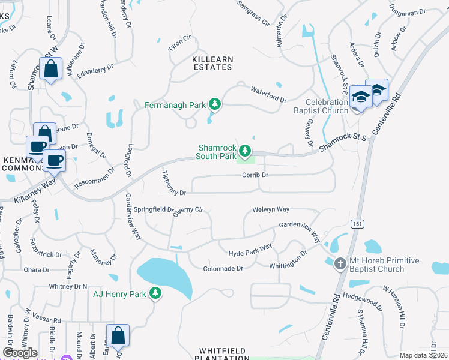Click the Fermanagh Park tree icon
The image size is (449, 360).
tap(214, 105)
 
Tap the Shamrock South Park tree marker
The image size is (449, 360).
tap(244, 151)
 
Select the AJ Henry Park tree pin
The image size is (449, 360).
tap(155, 293)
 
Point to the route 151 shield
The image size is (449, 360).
tap(357, 224)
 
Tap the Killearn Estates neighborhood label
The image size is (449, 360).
tap(211, 63)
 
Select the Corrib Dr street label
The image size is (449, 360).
tap(255, 175)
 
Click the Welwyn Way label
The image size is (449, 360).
tap(271, 209)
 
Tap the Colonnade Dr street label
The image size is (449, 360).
tap(222, 268)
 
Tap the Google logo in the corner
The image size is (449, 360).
tap(20, 353)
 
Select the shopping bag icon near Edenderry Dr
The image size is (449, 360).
tap(50, 69)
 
